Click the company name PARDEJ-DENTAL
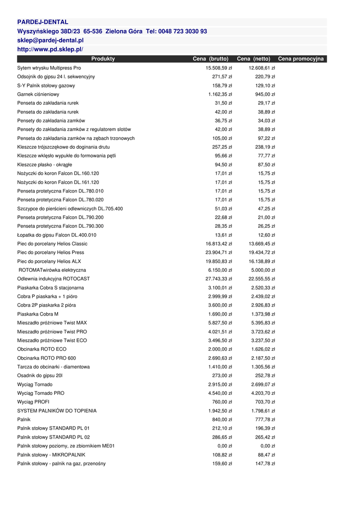coord(43,22)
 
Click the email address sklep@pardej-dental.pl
coord(50,40)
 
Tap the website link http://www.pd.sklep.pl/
coord(50,49)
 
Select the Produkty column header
coord(103,59)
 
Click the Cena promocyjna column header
coord(301,59)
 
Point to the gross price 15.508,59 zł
coord(219,68)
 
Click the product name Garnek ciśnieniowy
coord(38,94)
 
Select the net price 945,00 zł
coord(265,94)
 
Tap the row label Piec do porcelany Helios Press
coord(51,253)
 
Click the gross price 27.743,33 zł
coord(219,279)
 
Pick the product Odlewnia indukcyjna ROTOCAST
coord(54,279)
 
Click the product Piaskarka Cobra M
coord(38,314)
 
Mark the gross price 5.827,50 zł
coord(220,323)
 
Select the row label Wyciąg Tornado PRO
coord(41,393)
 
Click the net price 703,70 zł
coord(265,402)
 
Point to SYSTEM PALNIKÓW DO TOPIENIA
coord(57,411)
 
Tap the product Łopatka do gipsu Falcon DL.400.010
coord(57,235)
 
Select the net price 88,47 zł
coord(266,454)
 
